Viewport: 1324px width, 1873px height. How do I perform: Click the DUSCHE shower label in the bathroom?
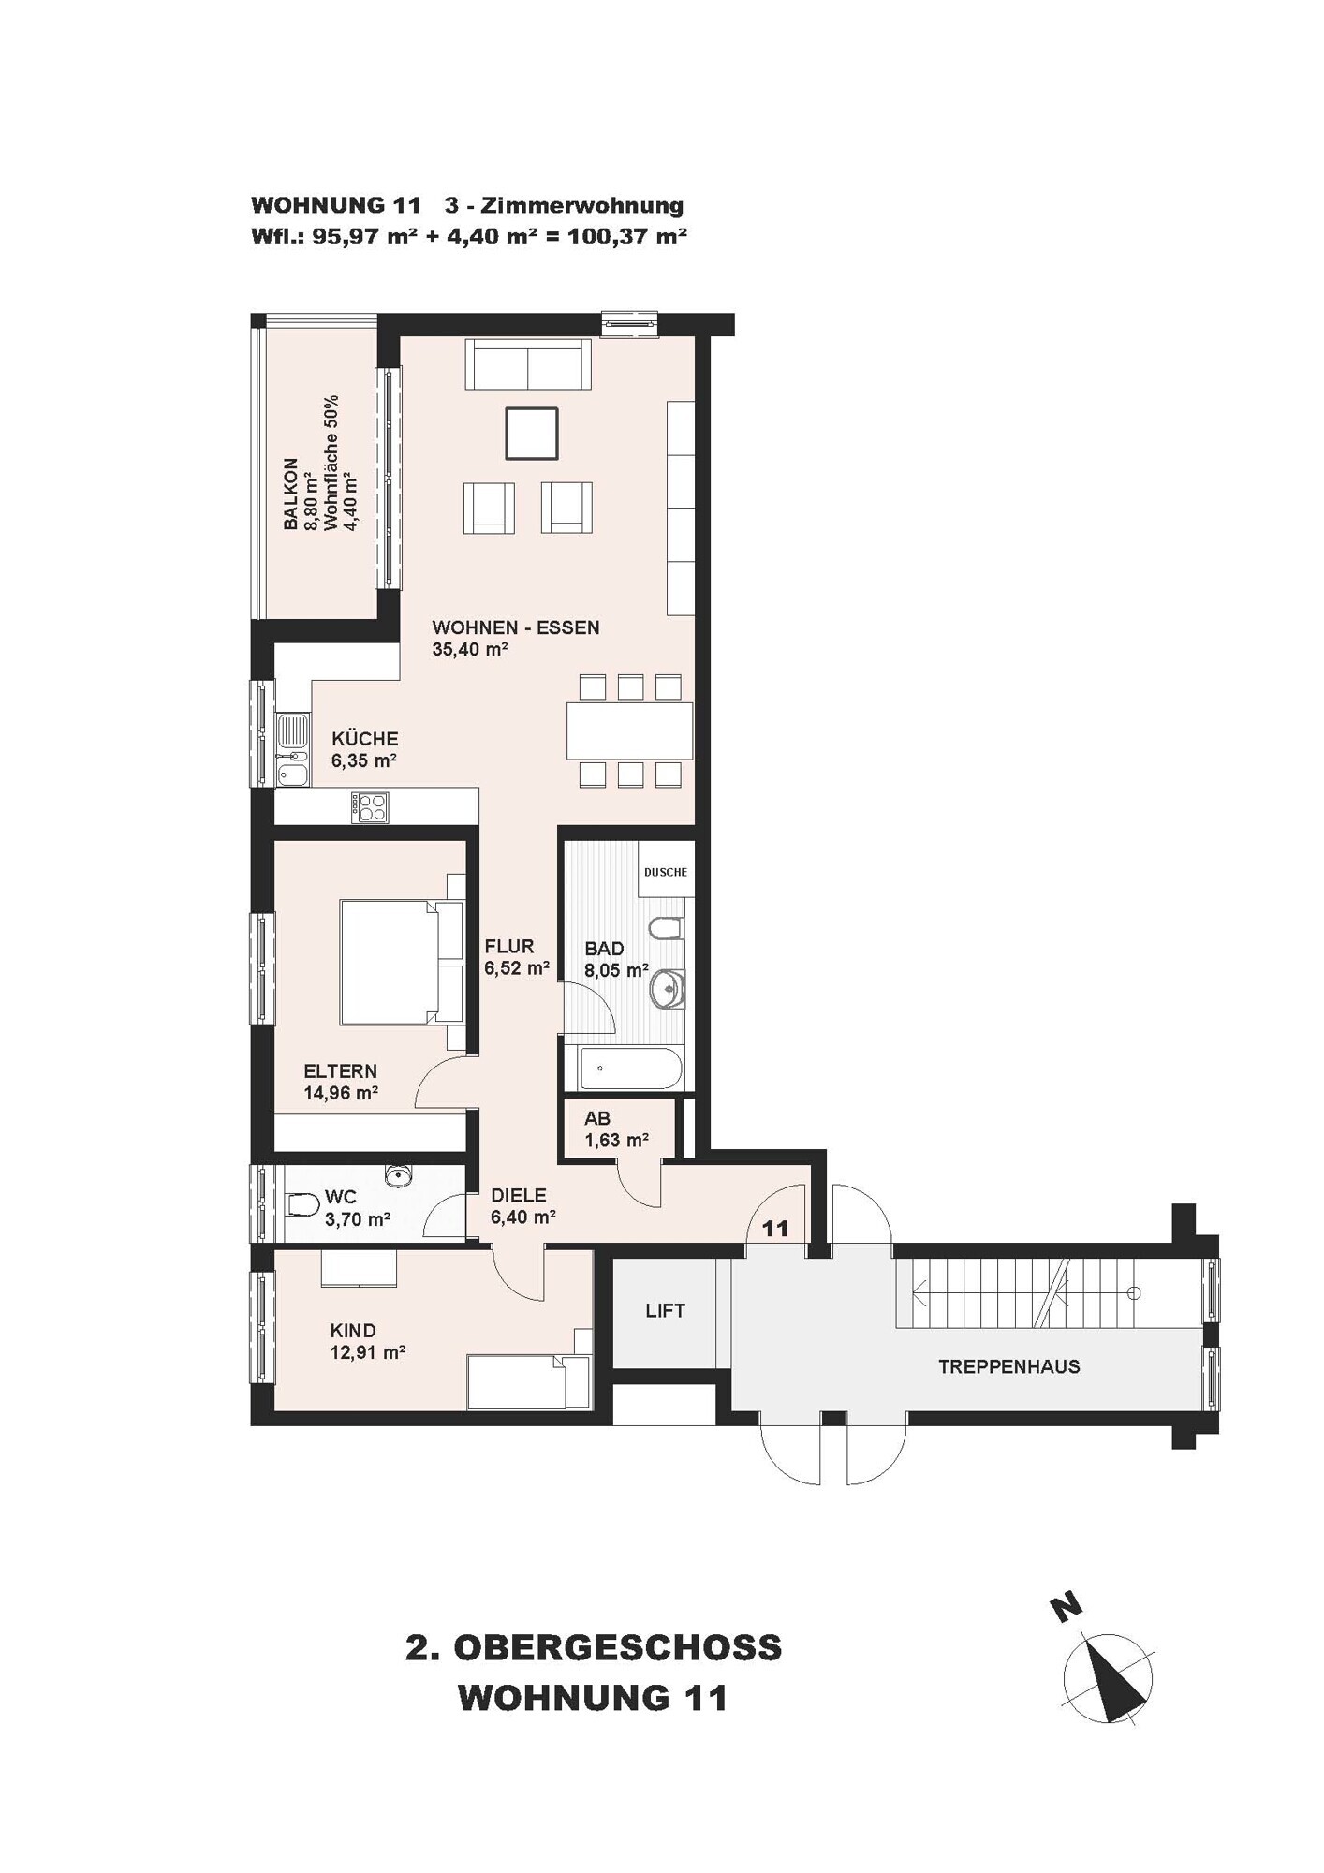click(x=665, y=872)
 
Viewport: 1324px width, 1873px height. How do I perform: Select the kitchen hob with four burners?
click(x=369, y=807)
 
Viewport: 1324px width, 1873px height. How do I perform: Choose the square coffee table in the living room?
click(x=532, y=434)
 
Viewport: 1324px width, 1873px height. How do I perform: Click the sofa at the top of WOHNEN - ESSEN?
click(x=528, y=364)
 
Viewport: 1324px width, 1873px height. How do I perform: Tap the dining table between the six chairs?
click(x=629, y=730)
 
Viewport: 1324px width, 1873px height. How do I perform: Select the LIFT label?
click(x=665, y=1311)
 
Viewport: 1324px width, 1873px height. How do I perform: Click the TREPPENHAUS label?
click(x=1008, y=1367)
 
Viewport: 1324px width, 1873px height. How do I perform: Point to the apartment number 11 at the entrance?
click(x=775, y=1229)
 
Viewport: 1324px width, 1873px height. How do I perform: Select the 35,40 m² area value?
click(x=470, y=650)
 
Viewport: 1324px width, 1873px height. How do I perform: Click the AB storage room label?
click(x=597, y=1118)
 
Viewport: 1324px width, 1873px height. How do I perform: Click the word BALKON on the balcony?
click(x=291, y=494)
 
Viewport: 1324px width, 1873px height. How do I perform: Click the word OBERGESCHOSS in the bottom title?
click(x=618, y=1648)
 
